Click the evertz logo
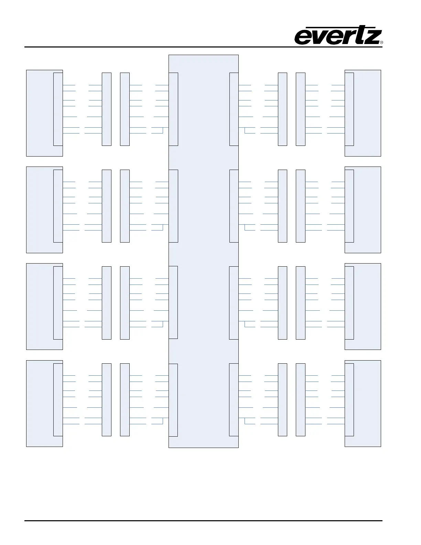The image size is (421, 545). [338, 36]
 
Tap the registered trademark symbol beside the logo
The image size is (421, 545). [381, 43]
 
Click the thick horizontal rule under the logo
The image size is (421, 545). [203, 47]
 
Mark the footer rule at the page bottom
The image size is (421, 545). [203, 521]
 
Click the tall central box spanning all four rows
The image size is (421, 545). [203, 251]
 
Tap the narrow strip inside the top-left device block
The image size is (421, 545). [58, 109]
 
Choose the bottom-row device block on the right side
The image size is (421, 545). [367, 403]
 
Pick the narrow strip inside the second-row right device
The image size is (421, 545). [349, 206]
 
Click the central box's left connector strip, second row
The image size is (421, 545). [173, 206]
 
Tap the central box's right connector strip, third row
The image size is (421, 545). [234, 302]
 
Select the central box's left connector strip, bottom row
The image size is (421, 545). [173, 400]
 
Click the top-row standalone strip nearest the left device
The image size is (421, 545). [107, 109]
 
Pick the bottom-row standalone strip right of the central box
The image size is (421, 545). [282, 400]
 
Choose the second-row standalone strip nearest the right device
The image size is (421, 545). [301, 206]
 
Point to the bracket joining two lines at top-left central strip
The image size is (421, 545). [163, 130]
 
